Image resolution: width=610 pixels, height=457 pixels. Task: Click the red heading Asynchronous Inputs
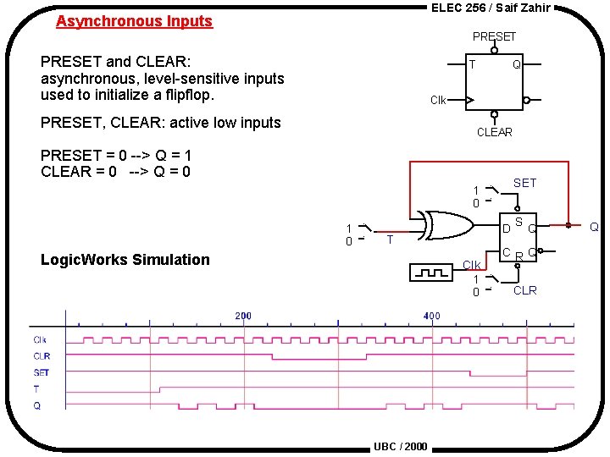click(134, 22)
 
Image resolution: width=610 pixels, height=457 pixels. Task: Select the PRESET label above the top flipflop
click(494, 36)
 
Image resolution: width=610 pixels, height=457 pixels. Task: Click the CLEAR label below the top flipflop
click(494, 132)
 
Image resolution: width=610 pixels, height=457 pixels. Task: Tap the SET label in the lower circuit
click(524, 183)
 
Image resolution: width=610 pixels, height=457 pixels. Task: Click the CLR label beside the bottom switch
click(524, 290)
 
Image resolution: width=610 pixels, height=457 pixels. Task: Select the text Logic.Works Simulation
click(125, 260)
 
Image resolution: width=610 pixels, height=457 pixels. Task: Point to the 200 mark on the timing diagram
click(242, 316)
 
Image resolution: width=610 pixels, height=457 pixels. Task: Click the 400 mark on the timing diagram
click(431, 316)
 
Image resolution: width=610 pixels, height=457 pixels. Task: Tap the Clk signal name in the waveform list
click(40, 340)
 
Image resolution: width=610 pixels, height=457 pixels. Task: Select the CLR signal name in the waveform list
click(41, 356)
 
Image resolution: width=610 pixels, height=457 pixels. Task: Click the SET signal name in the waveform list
click(41, 372)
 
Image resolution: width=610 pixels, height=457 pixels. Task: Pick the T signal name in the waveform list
click(36, 389)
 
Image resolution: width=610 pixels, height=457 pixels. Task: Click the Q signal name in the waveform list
click(36, 405)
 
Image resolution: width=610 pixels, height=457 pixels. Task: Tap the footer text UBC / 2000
click(401, 447)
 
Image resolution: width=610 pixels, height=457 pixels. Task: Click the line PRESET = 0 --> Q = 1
click(116, 156)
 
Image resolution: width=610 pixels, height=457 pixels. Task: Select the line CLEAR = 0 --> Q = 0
click(116, 172)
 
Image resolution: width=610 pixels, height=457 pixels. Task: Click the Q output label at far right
click(594, 227)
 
